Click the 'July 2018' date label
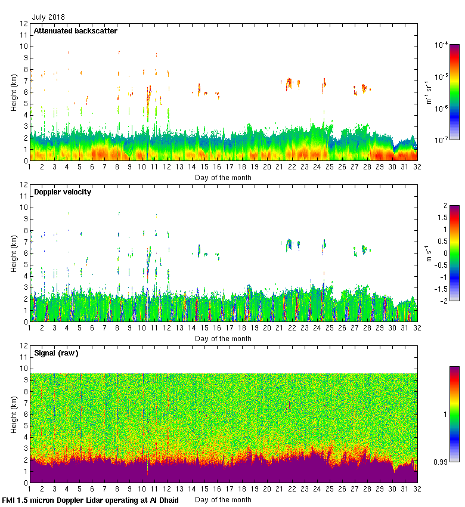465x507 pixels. (49, 17)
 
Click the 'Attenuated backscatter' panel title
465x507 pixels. (75, 31)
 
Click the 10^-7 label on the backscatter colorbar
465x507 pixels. (441, 140)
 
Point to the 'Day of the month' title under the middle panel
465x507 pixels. (223, 339)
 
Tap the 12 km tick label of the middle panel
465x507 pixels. (24, 185)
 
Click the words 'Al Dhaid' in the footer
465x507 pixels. (164, 500)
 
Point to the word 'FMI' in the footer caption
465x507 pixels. (10, 500)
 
